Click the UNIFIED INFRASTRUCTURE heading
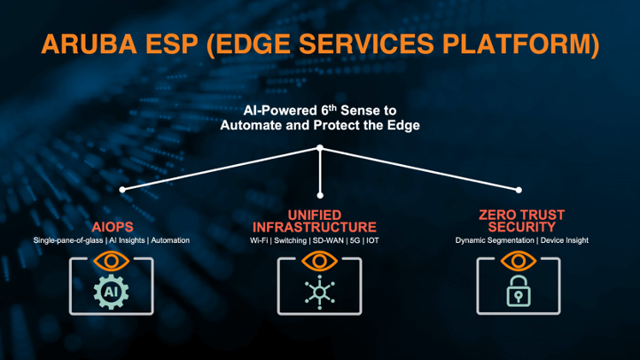click(320, 221)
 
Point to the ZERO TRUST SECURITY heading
click(521, 221)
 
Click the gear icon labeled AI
click(111, 291)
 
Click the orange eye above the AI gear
click(111, 261)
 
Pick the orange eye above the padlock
click(519, 261)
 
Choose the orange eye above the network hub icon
click(320, 261)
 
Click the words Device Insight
click(564, 240)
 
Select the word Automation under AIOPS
click(169, 240)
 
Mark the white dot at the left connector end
click(122, 189)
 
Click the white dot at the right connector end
click(519, 189)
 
